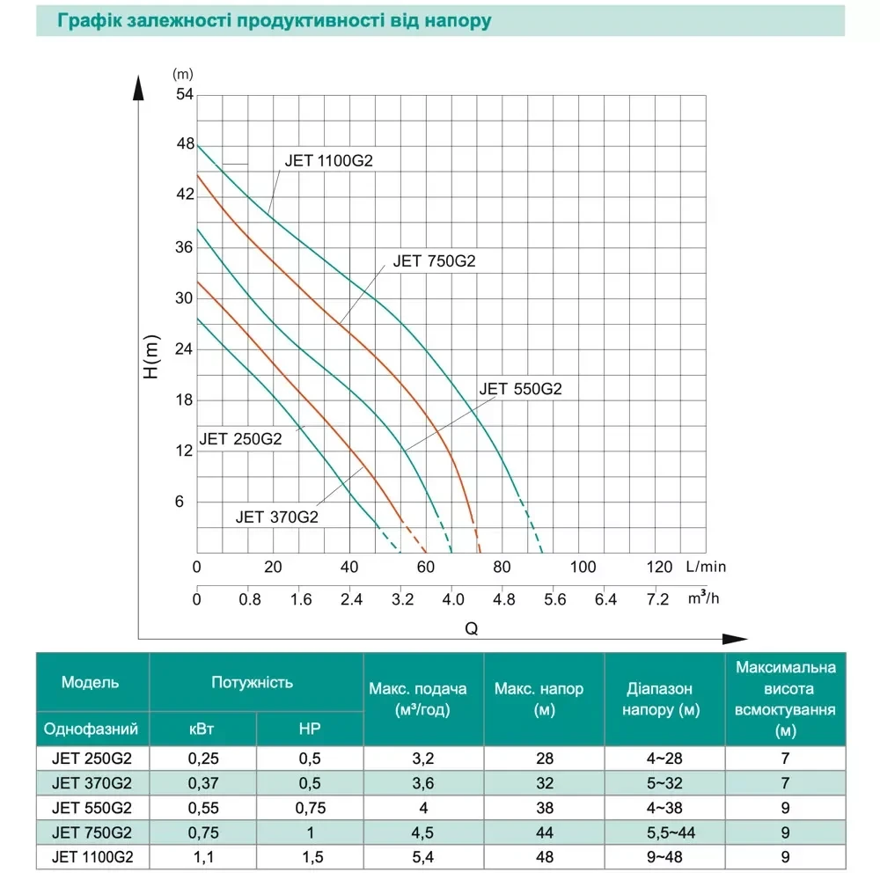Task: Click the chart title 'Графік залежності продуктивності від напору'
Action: pos(273,20)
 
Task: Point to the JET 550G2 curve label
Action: pos(520,389)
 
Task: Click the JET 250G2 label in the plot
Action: pos(240,439)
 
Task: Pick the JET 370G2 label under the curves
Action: pos(276,517)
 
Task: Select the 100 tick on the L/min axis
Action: pos(580,566)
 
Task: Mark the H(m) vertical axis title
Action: pos(151,359)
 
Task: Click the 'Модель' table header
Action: pos(91,682)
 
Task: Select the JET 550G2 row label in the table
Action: pos(92,807)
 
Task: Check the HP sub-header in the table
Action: pos(309,730)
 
